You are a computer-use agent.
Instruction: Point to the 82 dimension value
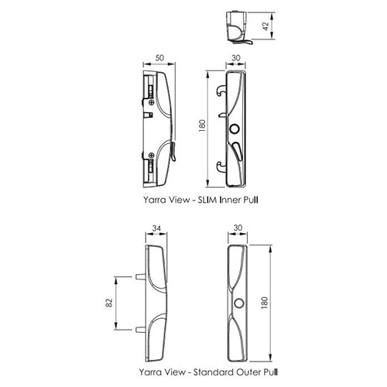pyautogui.click(x=108, y=303)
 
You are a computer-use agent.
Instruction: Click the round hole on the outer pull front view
pyautogui.click(x=238, y=300)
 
